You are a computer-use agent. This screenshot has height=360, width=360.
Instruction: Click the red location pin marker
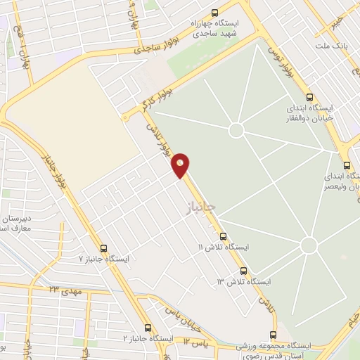click(x=181, y=165)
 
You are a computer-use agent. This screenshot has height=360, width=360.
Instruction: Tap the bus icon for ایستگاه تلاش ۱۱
click(x=224, y=236)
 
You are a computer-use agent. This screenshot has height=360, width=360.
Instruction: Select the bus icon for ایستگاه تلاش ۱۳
click(x=244, y=271)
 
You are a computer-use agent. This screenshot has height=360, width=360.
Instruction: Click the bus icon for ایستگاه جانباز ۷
click(x=104, y=248)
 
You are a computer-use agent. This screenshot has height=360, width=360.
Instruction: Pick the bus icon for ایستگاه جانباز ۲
click(x=148, y=328)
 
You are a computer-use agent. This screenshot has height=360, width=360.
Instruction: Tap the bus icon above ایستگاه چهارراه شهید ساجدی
click(x=214, y=12)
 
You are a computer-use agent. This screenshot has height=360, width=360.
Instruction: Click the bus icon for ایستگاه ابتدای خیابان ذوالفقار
click(x=309, y=97)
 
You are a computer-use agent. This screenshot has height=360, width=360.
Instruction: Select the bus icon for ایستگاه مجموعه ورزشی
click(x=275, y=336)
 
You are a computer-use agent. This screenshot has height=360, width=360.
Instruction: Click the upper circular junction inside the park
click(x=236, y=130)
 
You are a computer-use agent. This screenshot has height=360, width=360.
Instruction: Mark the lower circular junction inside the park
click(x=308, y=245)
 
